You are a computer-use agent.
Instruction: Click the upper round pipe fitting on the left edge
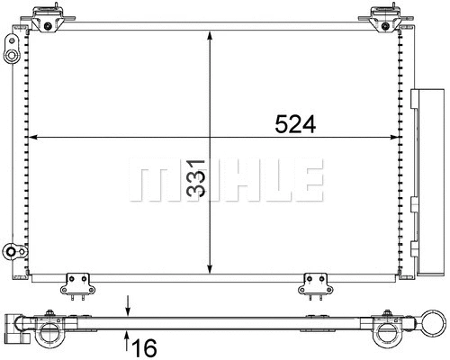point(11,56)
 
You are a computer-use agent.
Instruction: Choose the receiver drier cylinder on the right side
point(427,180)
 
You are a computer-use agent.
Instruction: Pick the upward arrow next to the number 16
point(128,338)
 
